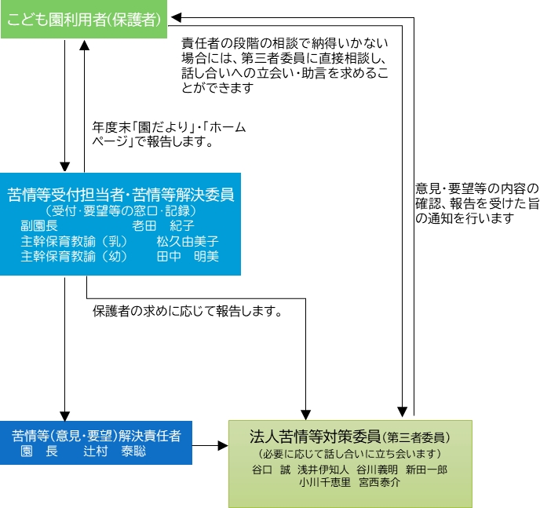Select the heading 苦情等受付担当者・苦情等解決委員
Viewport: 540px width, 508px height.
click(121, 194)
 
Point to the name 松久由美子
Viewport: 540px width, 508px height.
click(187, 241)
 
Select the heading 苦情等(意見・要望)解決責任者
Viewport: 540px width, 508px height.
click(96, 435)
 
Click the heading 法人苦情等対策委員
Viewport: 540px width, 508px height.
click(316, 437)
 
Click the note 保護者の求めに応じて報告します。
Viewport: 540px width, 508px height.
click(187, 311)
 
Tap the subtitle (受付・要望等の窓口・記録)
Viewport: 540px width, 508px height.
click(120, 210)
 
